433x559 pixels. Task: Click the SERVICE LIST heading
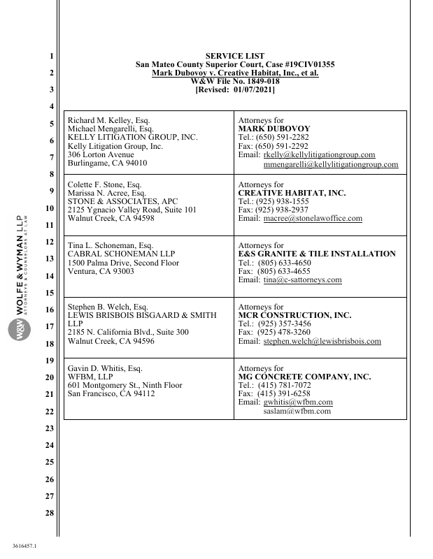234,55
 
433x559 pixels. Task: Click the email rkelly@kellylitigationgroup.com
318,155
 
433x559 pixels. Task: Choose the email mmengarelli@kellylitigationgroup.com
331,165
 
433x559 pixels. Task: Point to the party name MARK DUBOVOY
274,129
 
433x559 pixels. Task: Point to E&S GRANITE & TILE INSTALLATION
317,254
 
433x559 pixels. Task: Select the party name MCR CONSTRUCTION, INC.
294,316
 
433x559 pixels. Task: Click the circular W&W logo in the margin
20,329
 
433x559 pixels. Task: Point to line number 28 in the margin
48,514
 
